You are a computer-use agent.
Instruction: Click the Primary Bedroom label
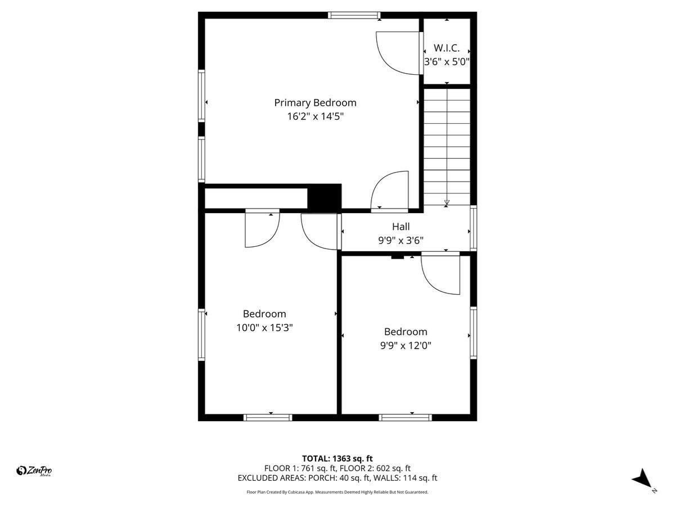315,103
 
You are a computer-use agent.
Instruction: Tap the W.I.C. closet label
447,48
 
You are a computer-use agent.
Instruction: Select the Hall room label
401,227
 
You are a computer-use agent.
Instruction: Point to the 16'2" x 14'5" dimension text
315,116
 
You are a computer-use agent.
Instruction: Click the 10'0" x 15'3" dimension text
264,327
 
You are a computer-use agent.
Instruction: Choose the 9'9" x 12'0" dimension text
406,345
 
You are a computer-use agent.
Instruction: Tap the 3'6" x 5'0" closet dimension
447,62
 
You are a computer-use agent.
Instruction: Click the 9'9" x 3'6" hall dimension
401,240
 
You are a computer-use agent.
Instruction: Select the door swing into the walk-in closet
398,53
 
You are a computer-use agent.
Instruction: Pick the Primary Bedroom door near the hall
389,191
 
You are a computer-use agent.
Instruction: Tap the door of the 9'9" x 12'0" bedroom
440,274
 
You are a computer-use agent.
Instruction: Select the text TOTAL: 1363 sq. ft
337,459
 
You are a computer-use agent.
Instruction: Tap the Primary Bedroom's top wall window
354,15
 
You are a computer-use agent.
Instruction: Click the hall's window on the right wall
474,228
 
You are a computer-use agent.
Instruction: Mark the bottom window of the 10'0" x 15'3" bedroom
268,417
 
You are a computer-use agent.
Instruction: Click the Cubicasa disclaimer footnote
337,492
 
